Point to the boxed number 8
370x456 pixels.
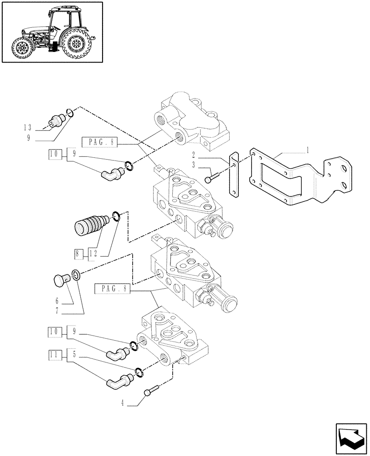tap(78, 252)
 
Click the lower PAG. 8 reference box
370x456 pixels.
tap(112, 289)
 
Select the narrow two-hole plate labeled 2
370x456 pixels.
tap(233, 176)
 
